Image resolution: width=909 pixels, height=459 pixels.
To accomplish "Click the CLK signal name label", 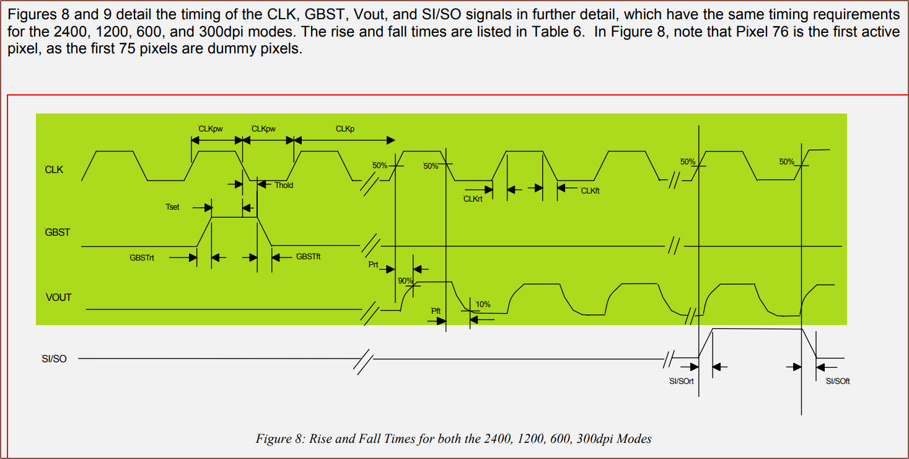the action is (x=54, y=170).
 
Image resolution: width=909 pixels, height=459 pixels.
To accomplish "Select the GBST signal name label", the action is (x=57, y=233).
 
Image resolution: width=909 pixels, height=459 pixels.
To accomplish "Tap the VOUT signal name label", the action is (x=58, y=298).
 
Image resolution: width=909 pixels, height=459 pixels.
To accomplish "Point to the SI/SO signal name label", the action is (x=54, y=359).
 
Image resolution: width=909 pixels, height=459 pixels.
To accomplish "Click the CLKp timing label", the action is (x=345, y=129).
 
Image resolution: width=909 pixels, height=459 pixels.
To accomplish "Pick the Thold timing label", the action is (x=284, y=185).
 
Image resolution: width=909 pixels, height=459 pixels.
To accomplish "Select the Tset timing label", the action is (x=172, y=207).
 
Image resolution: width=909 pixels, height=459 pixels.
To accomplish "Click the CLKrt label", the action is (x=473, y=199).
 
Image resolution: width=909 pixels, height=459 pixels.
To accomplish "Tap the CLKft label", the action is (x=590, y=191).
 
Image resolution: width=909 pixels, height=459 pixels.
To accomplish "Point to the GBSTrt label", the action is (x=142, y=258).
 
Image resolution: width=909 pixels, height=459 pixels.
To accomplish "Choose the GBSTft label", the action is (x=308, y=257).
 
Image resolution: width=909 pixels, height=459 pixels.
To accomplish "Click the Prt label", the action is (x=373, y=265).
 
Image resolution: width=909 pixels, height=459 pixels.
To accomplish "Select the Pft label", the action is (x=436, y=311).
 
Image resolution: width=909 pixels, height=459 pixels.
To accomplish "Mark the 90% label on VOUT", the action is (x=405, y=281).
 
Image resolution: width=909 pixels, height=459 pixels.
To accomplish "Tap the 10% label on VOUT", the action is (x=483, y=304).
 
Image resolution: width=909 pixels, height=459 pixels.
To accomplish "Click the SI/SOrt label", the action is (x=681, y=381).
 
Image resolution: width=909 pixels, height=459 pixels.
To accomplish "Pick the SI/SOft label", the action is (x=838, y=381).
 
